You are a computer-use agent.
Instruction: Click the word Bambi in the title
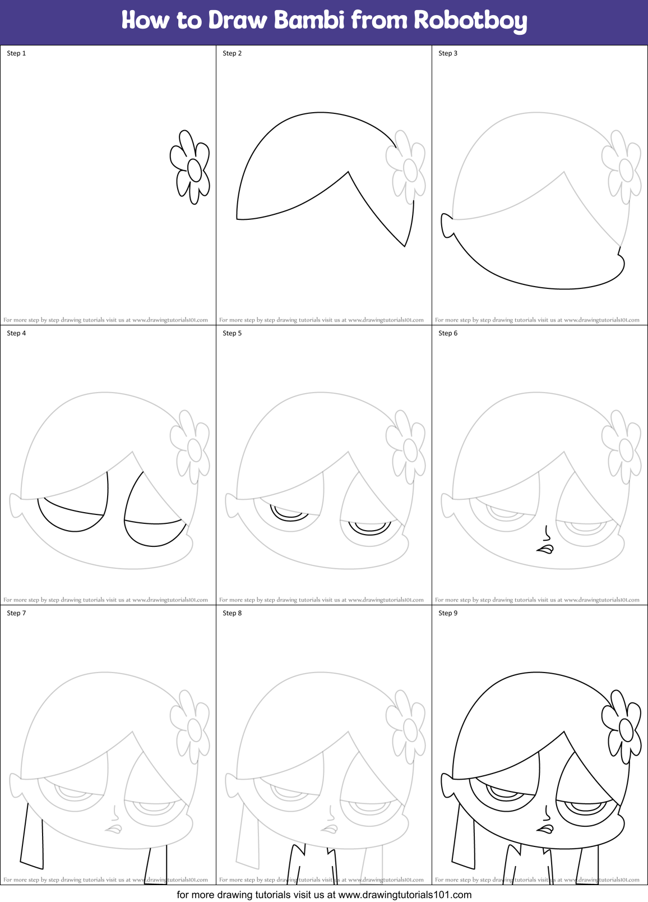click(309, 20)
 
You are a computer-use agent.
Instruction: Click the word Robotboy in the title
click(470, 21)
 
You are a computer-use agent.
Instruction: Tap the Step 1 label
click(16, 53)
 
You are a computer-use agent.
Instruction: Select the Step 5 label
click(232, 333)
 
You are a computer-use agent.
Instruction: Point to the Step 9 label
click(448, 613)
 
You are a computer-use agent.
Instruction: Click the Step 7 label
click(16, 613)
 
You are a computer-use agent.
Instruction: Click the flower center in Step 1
click(194, 170)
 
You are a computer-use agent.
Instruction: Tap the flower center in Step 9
click(626, 730)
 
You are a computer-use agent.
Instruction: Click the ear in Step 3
click(447, 225)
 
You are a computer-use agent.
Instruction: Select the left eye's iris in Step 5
click(289, 513)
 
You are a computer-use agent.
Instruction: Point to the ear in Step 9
click(447, 785)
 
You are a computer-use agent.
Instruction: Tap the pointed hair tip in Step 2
click(404, 244)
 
